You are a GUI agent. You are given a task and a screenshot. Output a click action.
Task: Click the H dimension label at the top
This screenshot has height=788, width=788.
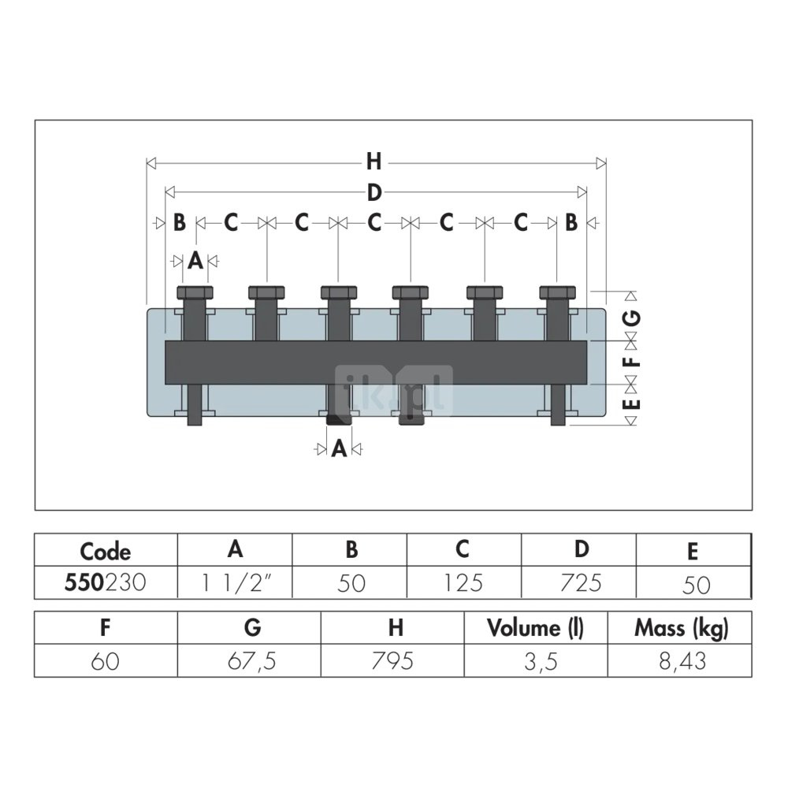pyautogui.click(x=374, y=162)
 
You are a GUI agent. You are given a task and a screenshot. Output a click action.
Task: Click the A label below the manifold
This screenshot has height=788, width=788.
pyautogui.click(x=339, y=448)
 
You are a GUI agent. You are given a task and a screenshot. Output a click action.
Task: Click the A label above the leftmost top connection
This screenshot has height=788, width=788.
pyautogui.click(x=195, y=261)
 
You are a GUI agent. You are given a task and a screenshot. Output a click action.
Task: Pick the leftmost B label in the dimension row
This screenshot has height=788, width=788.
pyautogui.click(x=180, y=222)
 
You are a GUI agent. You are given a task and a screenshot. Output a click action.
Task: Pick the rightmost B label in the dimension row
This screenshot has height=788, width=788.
pyautogui.click(x=571, y=222)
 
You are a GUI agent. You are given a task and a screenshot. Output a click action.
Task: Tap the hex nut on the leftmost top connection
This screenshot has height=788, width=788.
pyautogui.click(x=195, y=292)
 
